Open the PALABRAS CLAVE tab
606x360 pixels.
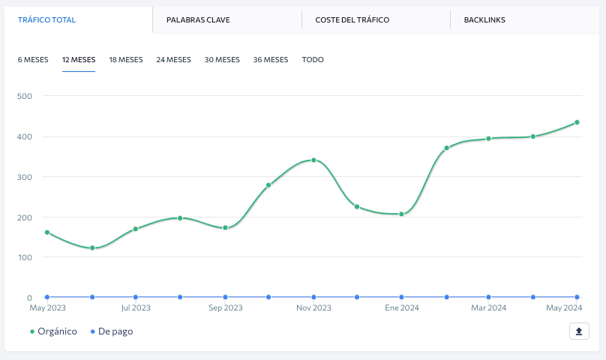[198, 19]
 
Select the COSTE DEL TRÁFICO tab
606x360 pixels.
[352, 19]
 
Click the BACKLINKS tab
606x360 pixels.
[484, 19]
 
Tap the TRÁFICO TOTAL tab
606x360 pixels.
[46, 19]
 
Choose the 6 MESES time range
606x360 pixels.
[33, 59]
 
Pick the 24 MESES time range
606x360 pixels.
[173, 59]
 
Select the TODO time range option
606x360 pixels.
[313, 59]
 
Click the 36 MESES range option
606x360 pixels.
[271, 59]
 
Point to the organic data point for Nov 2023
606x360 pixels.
[313, 160]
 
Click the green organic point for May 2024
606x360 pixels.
[577, 122]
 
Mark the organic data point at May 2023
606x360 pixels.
[47, 232]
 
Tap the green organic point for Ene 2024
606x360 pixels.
[401, 214]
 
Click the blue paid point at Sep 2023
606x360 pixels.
[225, 297]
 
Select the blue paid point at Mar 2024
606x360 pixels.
[488, 297]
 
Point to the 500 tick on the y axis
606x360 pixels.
[24, 96]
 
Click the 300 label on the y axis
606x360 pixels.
[24, 177]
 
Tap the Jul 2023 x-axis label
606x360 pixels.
[136, 307]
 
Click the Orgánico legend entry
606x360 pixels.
[54, 331]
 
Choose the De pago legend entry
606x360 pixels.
[112, 331]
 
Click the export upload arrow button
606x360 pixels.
[579, 331]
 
